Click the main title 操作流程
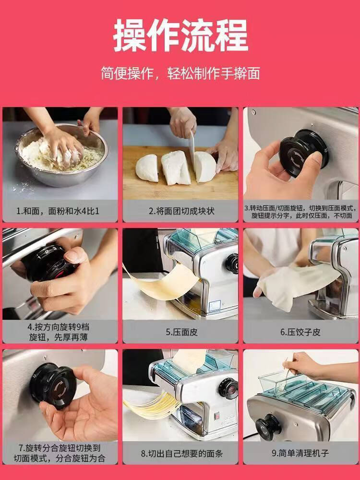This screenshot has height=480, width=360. [x=180, y=35]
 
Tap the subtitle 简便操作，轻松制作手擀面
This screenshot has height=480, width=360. [x=180, y=73]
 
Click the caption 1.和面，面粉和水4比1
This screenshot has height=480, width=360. [x=58, y=211]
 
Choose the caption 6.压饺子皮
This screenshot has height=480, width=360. [x=300, y=332]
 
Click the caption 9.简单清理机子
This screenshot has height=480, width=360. [x=300, y=453]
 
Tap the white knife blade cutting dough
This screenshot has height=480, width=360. [x=192, y=147]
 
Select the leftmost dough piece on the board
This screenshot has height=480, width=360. [x=147, y=168]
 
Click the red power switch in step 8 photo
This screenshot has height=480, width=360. [x=217, y=415]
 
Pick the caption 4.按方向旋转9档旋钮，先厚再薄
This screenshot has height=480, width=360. [x=58, y=332]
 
